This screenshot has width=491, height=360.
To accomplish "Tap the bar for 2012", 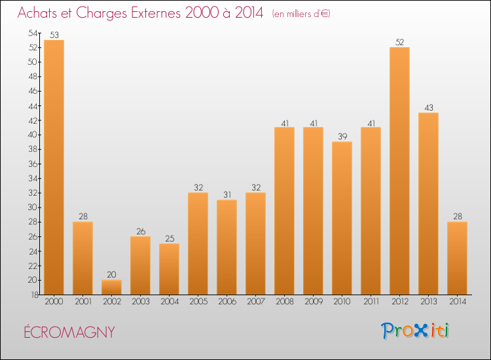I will coord(399,171).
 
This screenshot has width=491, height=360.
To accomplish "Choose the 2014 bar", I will coord(457,258).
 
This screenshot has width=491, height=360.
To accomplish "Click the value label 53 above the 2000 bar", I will coord(54,35).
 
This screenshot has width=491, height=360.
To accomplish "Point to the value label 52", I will coord(399,42).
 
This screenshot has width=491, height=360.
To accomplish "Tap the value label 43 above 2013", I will coord(428,107).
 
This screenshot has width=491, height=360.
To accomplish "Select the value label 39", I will coord(342,136).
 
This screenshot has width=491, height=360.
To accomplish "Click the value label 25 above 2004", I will coord(169,238).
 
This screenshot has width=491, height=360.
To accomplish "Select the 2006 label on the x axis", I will coord(227,302).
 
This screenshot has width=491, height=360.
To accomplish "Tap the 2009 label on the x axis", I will coord(313,302).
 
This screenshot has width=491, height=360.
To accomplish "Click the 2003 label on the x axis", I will coord(140,302).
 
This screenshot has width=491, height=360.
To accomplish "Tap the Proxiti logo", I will coord(416,331).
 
